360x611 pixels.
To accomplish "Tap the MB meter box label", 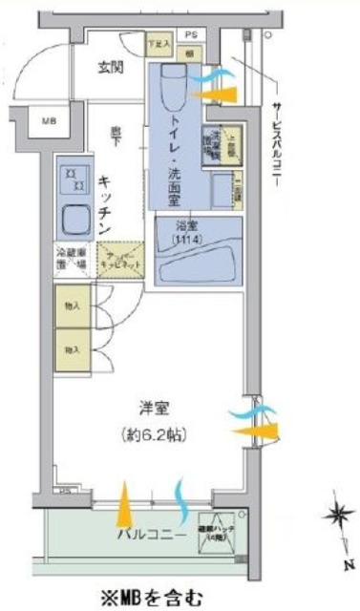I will pos(49,120).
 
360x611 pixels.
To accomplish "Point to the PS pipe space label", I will pos(190,32).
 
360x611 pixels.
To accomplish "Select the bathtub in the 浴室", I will pos(197,252).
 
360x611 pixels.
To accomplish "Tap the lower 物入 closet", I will pos(72,349).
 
